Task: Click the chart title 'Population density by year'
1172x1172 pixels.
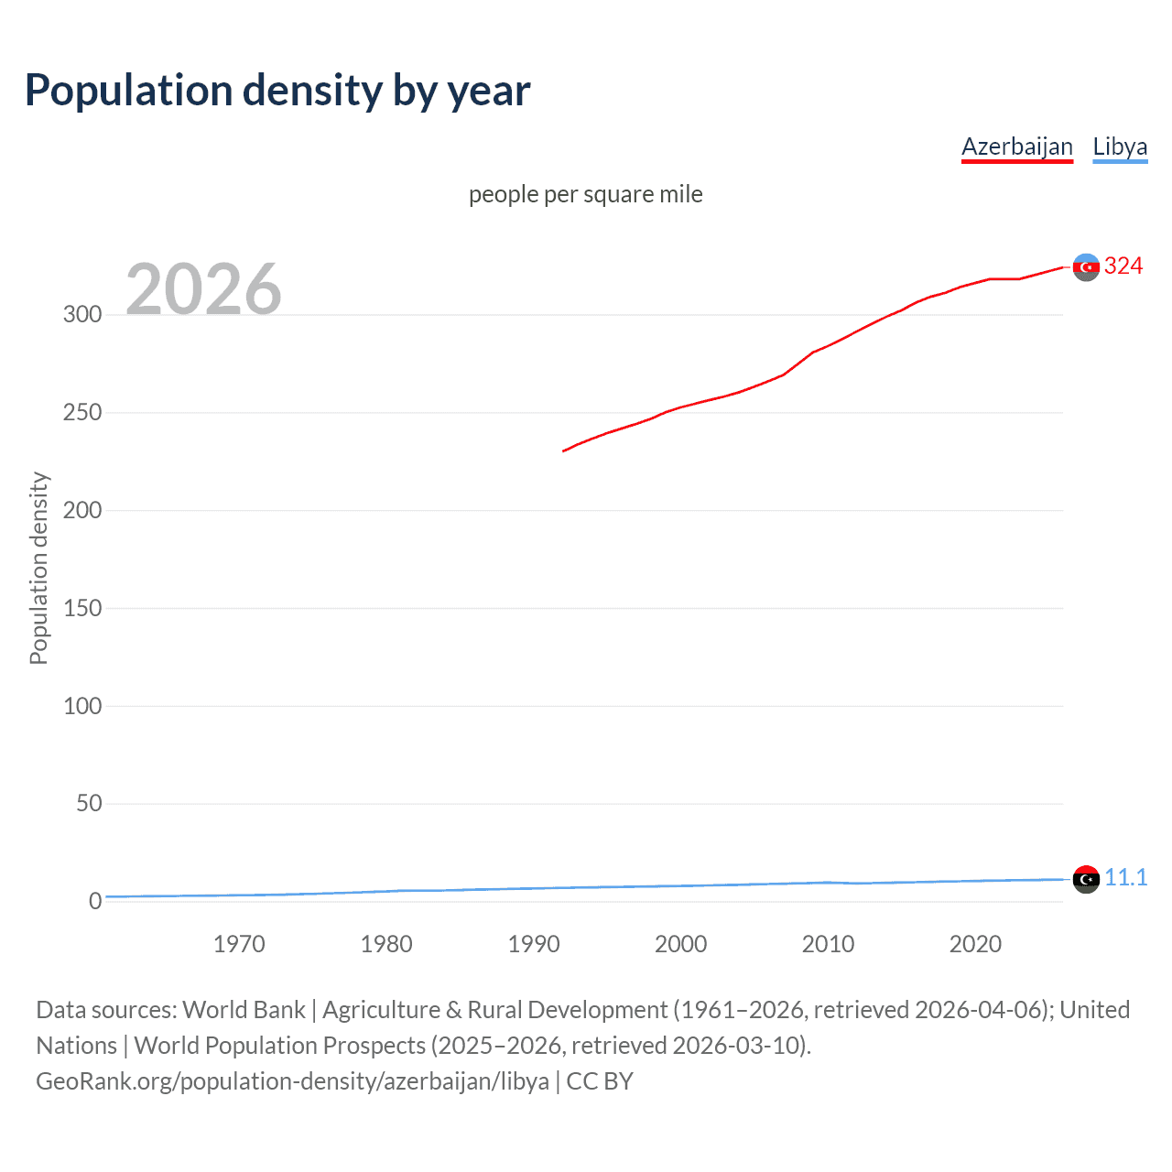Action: tap(277, 91)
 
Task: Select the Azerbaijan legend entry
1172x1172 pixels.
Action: tap(1016, 146)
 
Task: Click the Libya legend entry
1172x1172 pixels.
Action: tap(1119, 146)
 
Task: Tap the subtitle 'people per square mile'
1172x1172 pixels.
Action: tap(585, 194)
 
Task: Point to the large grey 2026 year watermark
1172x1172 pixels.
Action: tap(203, 289)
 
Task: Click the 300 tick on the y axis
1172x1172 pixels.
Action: tap(82, 314)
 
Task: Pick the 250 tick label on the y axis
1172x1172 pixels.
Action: tap(82, 412)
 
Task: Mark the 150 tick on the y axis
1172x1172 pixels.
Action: tap(82, 608)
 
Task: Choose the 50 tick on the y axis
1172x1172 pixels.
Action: tap(89, 803)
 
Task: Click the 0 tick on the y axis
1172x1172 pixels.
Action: tap(95, 901)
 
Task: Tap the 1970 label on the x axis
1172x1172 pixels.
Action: tap(239, 944)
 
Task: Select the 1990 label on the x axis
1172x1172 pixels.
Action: tap(534, 944)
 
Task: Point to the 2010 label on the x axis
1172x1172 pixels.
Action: tap(828, 944)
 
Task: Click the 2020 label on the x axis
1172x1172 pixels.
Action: tap(975, 944)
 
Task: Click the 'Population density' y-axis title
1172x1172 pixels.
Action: tap(38, 568)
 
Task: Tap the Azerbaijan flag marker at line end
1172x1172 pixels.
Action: tap(1086, 267)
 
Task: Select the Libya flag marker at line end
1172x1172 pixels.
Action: tap(1086, 879)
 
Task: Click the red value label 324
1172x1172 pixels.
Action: tap(1123, 266)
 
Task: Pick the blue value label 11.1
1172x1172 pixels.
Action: tap(1125, 877)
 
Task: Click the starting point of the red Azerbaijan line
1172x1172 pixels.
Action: tap(563, 450)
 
